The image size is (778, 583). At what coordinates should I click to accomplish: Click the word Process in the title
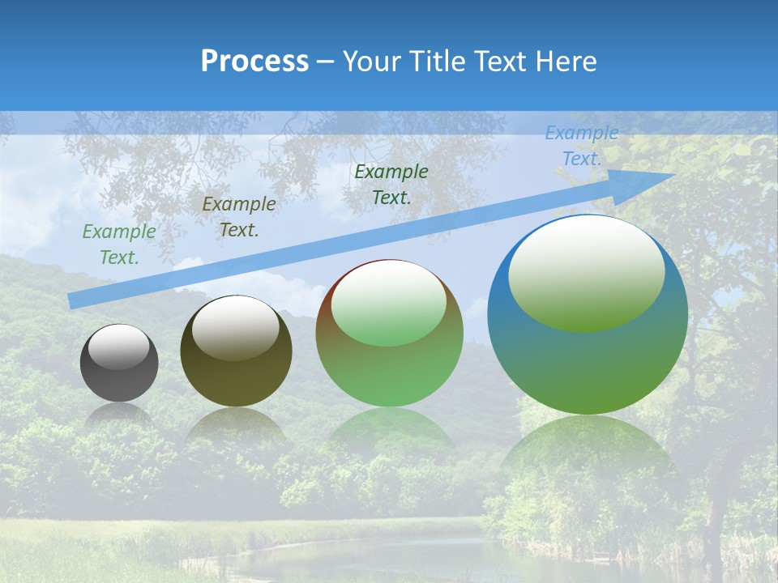tap(254, 62)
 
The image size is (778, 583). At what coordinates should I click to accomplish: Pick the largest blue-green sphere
tap(588, 356)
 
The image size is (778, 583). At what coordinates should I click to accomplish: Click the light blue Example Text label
tap(581, 146)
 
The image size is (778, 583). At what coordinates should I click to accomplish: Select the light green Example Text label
tap(119, 245)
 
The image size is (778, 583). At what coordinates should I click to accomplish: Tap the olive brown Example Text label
tap(238, 217)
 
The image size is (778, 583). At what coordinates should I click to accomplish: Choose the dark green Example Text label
tap(391, 184)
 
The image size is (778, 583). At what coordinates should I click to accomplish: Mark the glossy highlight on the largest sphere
tap(586, 272)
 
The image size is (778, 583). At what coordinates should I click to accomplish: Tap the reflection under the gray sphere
tap(119, 415)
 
